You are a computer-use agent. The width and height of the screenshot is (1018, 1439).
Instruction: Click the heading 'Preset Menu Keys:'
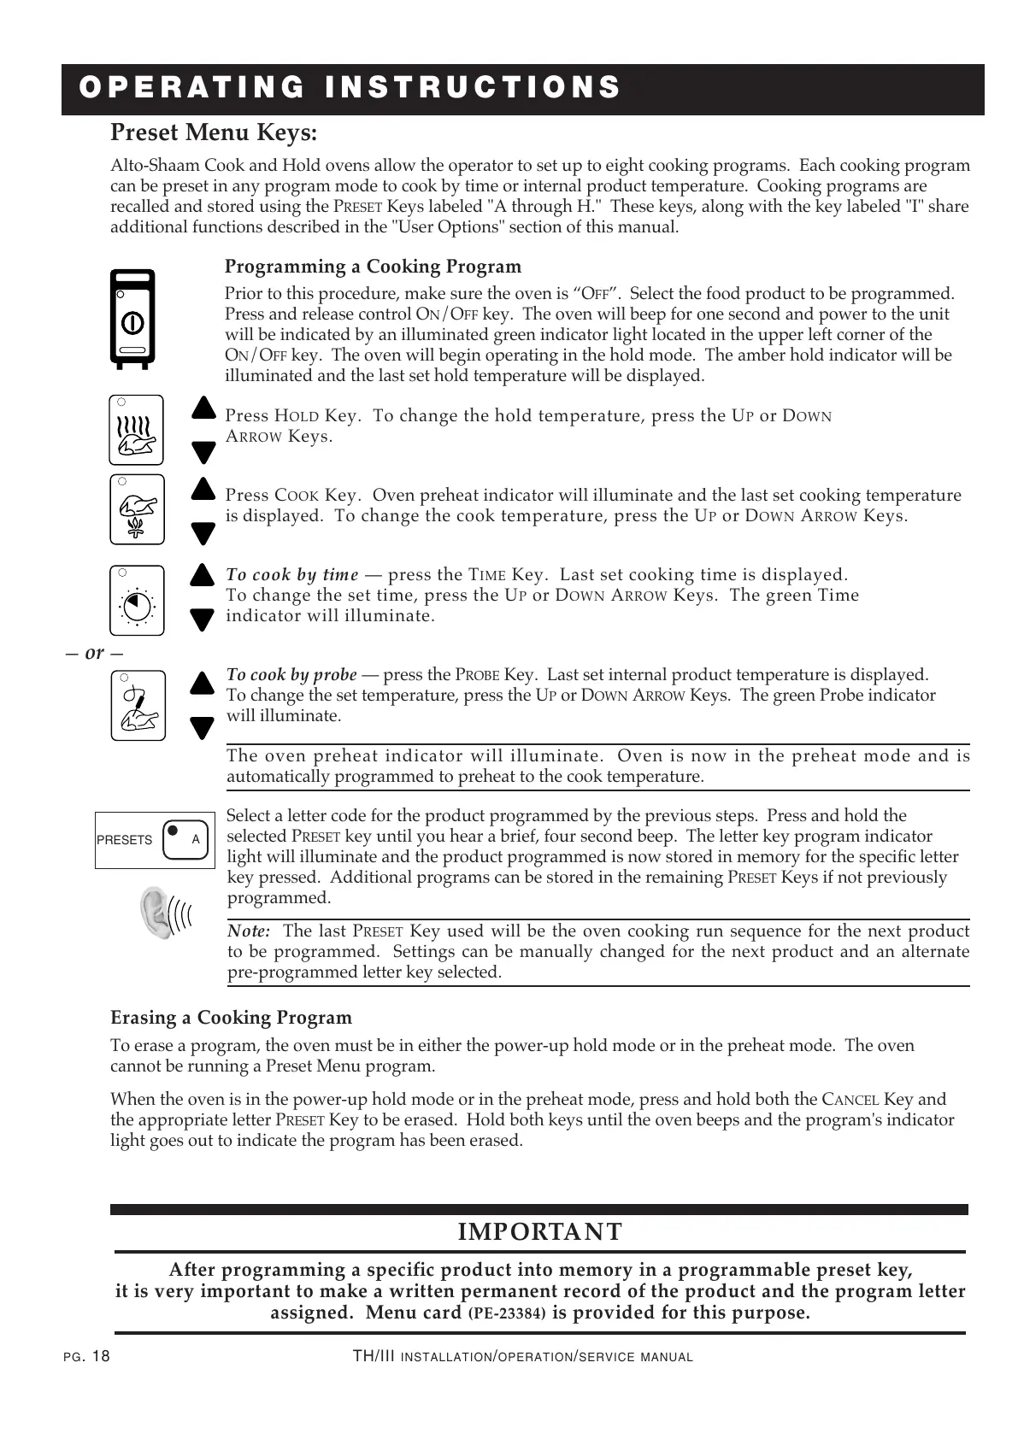214,134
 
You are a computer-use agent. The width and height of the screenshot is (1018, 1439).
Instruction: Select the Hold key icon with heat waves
137,431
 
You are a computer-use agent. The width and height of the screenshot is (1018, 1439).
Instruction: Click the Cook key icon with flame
137,510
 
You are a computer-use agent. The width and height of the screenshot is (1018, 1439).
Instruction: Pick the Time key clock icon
137,601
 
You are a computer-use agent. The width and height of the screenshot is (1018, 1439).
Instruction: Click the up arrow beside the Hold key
203,408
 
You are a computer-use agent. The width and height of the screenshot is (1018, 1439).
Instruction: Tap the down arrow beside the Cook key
203,534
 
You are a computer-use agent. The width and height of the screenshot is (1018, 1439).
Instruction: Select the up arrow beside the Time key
202,574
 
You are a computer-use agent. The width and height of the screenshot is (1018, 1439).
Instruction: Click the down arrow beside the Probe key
203,728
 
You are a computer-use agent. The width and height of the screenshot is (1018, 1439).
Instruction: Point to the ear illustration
159,913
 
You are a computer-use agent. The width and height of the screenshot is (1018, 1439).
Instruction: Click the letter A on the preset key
196,840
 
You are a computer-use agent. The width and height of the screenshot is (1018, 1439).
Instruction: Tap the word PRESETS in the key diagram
125,841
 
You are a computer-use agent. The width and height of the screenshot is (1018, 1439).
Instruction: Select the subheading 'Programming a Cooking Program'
373,267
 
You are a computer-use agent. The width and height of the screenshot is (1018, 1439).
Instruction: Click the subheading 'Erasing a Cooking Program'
231,1018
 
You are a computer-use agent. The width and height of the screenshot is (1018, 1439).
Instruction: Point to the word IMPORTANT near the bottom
540,1232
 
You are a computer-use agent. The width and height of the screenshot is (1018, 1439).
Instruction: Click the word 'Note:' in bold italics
249,931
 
